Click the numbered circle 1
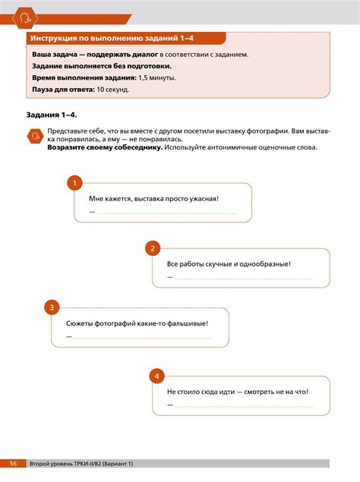[x=74, y=183]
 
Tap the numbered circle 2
[x=153, y=248]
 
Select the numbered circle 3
[x=52, y=307]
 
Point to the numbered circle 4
[x=155, y=376]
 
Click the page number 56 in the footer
[x=14, y=463]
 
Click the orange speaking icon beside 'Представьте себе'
[x=34, y=136]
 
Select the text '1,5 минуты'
[x=157, y=78]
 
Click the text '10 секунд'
[x=113, y=90]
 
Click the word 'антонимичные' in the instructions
[x=230, y=147]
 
